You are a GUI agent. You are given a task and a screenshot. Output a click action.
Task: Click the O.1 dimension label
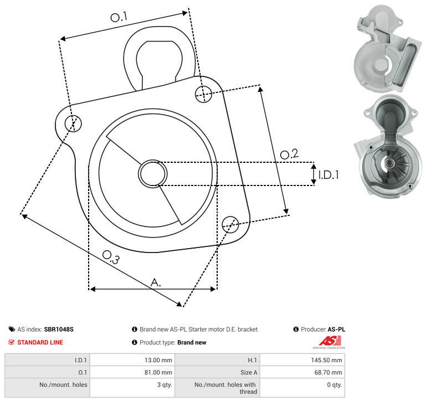point(119,17)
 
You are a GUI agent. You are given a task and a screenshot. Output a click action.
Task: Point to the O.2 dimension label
point(289,154)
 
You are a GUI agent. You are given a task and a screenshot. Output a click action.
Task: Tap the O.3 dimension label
point(111,257)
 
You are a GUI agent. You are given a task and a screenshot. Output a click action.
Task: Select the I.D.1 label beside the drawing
point(329,175)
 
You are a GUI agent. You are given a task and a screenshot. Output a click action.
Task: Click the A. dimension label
point(156,282)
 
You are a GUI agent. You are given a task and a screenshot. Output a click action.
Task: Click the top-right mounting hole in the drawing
point(203,94)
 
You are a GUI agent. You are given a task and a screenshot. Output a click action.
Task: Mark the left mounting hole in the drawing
point(73,123)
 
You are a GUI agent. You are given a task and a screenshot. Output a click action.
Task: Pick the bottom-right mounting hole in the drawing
point(230,224)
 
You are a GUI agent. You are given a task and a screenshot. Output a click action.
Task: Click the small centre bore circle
point(153,174)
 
